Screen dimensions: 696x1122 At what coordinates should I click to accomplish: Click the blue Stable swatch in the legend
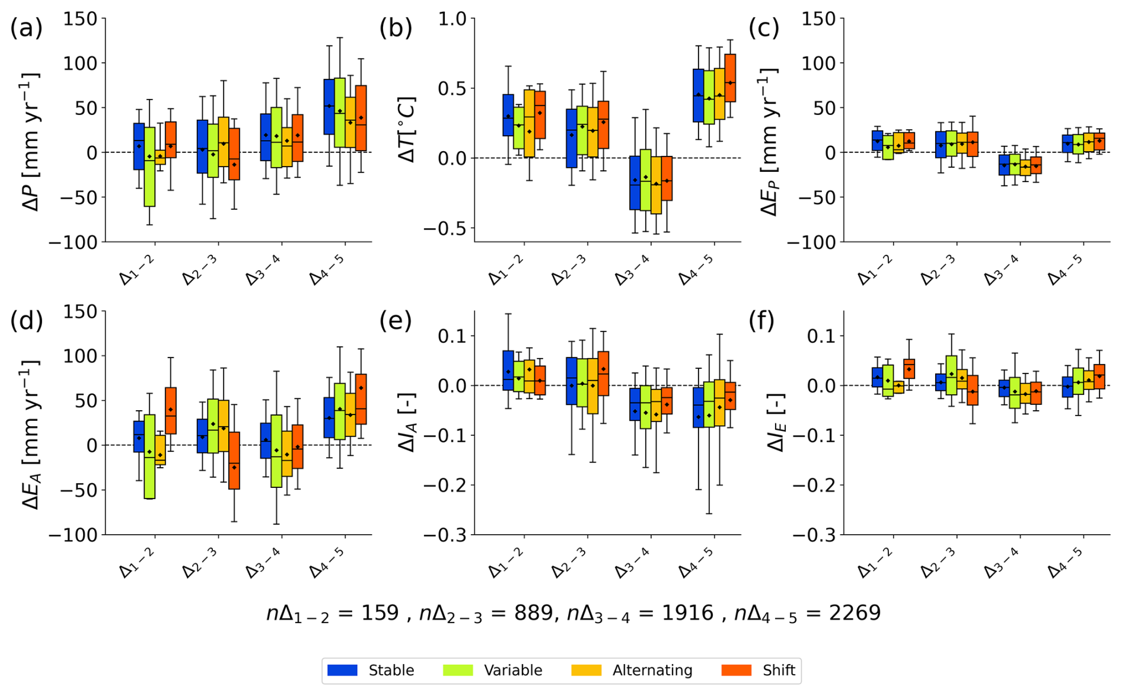tap(342, 670)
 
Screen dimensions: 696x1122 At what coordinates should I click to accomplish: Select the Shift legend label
tap(779, 670)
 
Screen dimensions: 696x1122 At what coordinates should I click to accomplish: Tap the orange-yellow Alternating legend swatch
tap(586, 670)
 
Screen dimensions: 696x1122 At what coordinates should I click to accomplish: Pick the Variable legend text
tap(513, 670)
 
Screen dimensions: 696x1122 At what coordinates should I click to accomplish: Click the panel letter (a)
tap(27, 28)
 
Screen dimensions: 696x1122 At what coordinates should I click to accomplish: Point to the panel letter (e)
tap(396, 321)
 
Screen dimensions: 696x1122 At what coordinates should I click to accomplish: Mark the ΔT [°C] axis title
tap(407, 129)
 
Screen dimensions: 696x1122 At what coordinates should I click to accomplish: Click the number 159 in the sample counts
tap(380, 612)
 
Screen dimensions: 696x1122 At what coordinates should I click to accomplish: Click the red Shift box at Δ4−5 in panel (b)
tap(729, 78)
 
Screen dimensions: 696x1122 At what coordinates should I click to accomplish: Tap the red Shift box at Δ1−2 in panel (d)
tap(170, 411)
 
